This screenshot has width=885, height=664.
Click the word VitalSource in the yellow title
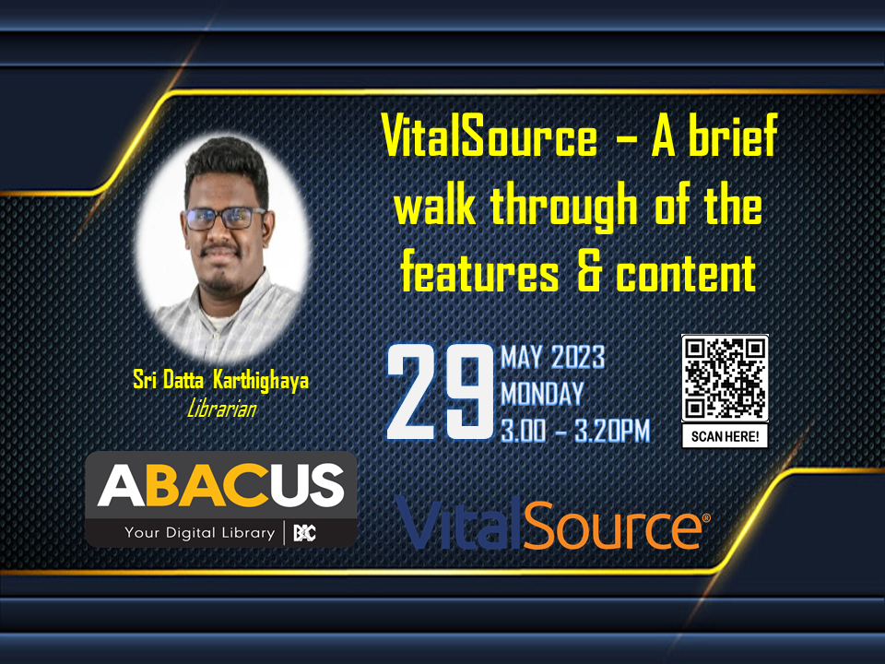point(489,136)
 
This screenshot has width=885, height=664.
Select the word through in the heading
point(564,206)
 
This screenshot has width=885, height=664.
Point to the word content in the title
point(686,272)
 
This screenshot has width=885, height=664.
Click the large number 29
point(441,392)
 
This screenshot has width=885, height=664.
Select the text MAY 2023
point(552,358)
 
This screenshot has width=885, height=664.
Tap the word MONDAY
point(542,394)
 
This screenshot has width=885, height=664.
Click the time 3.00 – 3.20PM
point(575,432)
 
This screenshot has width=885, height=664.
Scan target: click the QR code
point(725,378)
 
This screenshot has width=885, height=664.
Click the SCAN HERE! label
point(725,436)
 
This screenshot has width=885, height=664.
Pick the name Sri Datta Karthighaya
point(220,381)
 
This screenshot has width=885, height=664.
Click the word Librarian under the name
point(221,409)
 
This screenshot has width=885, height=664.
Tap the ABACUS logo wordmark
point(220,486)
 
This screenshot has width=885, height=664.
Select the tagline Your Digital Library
point(200,532)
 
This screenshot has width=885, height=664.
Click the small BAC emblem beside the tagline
point(305,532)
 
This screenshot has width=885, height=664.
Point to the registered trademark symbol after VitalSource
point(705,517)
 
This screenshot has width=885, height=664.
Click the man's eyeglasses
point(225,219)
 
